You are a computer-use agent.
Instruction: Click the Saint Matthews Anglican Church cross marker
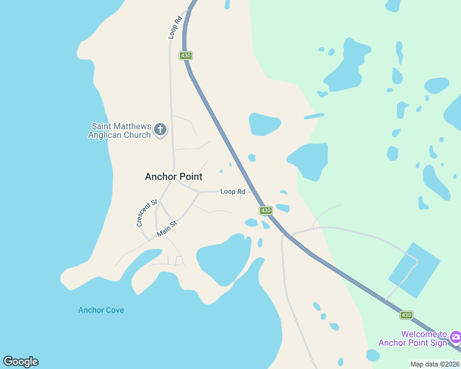(x=160, y=129)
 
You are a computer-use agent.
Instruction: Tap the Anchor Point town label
(x=174, y=177)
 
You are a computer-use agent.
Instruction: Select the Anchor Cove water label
(x=101, y=310)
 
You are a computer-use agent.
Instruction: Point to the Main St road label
(x=167, y=229)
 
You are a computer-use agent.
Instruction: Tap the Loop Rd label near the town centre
(x=233, y=192)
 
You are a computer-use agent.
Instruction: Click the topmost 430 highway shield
(x=186, y=56)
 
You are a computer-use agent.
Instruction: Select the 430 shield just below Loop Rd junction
(x=266, y=210)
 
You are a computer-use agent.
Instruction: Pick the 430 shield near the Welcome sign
(x=406, y=315)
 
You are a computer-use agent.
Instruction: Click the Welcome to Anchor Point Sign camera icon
(x=455, y=336)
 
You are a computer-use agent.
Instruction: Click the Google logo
(x=20, y=362)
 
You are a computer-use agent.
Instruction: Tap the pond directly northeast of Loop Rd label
(x=265, y=124)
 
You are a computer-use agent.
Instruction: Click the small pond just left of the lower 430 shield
(x=251, y=223)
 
